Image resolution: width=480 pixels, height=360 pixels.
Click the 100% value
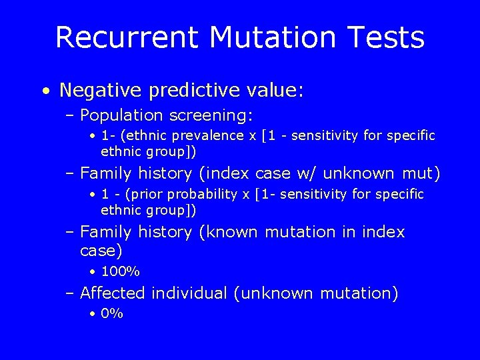coord(120,272)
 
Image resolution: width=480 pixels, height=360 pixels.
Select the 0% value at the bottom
coord(112,314)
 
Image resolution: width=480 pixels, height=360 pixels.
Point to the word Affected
coord(113,293)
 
